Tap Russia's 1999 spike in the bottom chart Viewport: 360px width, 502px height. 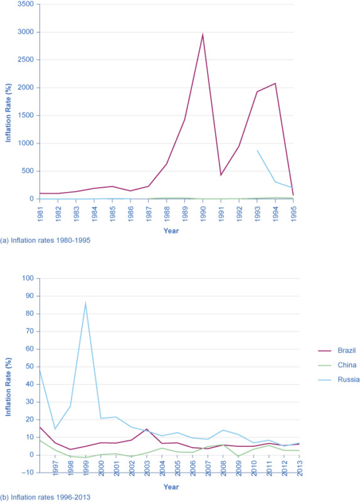tap(85, 302)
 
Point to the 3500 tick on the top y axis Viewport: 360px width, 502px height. tap(25, 4)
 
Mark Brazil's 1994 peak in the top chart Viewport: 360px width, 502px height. tap(275, 83)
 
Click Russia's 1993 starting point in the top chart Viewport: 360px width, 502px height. tap(257, 151)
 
